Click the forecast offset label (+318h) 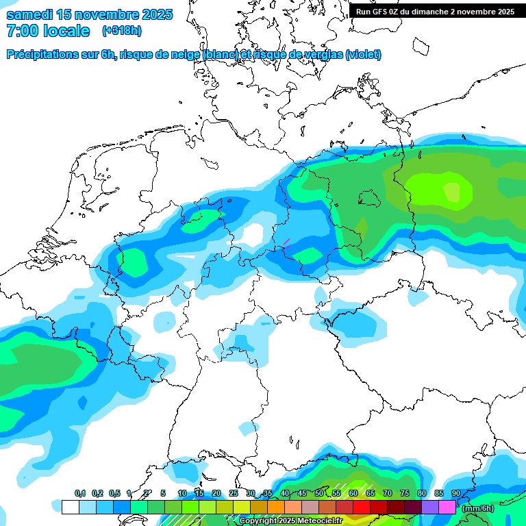coord(123,31)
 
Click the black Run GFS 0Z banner coord(435,12)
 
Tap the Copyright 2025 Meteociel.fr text coord(290,521)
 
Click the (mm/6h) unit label coord(478,508)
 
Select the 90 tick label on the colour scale coord(456,493)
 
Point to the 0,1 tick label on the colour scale coord(79,493)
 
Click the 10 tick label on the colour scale coord(182,493)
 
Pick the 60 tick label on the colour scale coord(353,493)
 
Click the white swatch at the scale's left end coord(70,508)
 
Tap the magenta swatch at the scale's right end coord(447,508)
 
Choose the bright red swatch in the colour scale coord(361,508)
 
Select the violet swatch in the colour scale coord(429,508)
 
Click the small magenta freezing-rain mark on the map coord(287,242)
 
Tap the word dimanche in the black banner coord(430,12)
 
